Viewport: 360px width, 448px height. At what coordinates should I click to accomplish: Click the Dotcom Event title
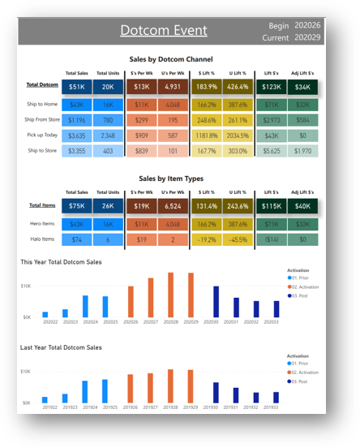(x=163, y=31)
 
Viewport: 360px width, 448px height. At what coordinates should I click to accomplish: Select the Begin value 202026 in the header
(x=307, y=26)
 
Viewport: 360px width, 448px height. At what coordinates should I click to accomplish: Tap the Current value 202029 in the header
(x=307, y=37)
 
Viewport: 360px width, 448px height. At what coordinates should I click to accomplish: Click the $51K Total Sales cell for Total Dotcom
(x=76, y=87)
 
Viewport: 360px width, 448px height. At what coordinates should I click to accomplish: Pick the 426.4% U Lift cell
(x=238, y=87)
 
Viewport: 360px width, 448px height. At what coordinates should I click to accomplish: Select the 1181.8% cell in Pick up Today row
(x=207, y=136)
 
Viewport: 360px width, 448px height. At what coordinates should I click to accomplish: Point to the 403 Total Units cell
(x=107, y=151)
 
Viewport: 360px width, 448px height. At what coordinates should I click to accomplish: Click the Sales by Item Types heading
(x=171, y=178)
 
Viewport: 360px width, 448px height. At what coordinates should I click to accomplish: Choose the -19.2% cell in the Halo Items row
(x=207, y=240)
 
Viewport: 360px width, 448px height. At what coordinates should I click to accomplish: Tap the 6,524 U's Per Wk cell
(x=173, y=207)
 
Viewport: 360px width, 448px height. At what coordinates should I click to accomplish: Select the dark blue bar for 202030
(x=216, y=301)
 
